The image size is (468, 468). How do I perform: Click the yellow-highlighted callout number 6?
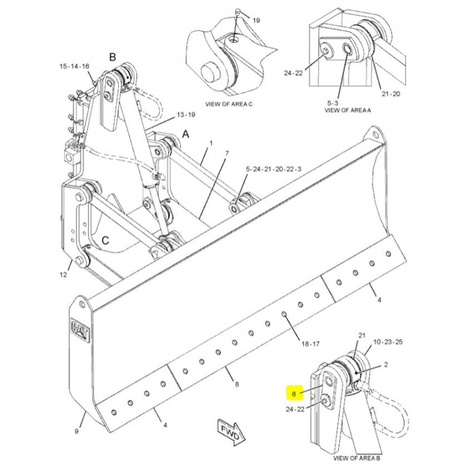point(294,394)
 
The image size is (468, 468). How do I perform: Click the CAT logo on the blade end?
point(80,330)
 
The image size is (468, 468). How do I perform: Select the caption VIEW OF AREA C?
point(229,104)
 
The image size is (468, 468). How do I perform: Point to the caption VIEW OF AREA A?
point(347,110)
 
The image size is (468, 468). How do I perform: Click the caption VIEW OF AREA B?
point(356,458)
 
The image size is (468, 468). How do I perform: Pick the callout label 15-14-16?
point(74,66)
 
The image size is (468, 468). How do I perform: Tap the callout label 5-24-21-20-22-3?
point(274,169)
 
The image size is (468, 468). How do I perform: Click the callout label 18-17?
point(311,344)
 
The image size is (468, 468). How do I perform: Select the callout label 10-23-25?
point(388,342)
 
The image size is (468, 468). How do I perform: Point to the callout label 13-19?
point(186,115)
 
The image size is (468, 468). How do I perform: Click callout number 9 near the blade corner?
point(77,431)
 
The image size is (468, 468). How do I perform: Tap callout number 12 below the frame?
point(63,274)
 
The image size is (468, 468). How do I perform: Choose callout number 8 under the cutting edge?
point(237,384)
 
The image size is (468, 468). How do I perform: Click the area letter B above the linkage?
point(112,57)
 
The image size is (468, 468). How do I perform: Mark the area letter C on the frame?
point(105,240)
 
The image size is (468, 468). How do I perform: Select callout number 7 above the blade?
point(227,154)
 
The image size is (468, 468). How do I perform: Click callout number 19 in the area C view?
point(256,20)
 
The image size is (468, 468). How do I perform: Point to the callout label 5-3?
point(333,104)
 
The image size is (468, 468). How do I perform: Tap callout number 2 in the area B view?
point(386,364)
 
